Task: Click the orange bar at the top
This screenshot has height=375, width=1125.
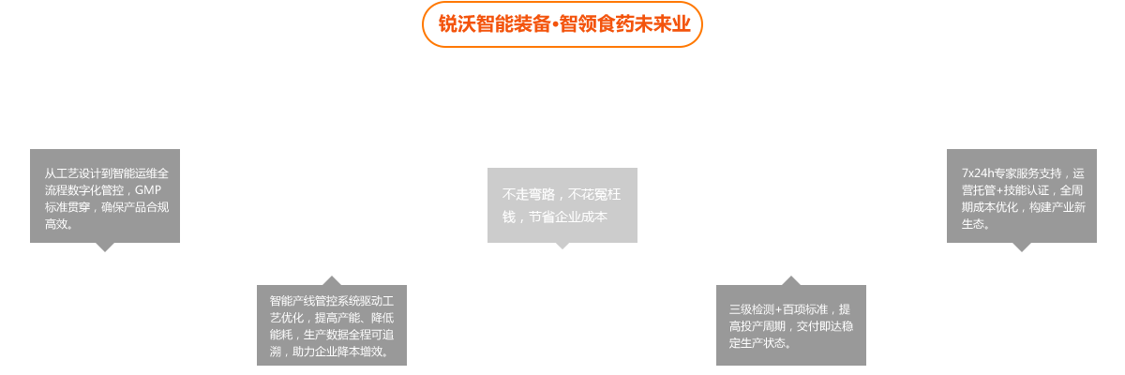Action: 562,23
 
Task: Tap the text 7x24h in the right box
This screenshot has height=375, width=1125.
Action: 979,173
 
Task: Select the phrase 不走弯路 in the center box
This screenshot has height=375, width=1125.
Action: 529,195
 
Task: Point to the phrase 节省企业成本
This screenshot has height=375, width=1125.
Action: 568,217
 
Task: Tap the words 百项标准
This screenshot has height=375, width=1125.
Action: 806,309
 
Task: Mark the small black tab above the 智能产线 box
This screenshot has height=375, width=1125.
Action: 331,279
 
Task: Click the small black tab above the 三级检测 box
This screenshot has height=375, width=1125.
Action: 790,279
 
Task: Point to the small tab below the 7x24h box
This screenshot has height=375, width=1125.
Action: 1022,247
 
